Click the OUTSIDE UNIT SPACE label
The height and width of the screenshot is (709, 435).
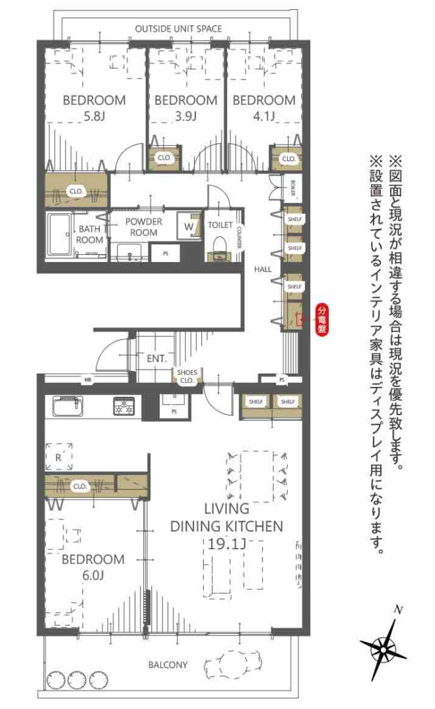pyautogui.click(x=178, y=28)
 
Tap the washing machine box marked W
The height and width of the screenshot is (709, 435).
pyautogui.click(x=189, y=226)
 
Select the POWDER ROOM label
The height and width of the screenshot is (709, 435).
pyautogui.click(x=143, y=227)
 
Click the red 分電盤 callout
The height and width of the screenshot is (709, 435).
pyautogui.click(x=323, y=320)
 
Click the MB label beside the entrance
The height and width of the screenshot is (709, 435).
pyautogui.click(x=86, y=380)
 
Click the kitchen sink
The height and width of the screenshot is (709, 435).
pyautogui.click(x=66, y=404)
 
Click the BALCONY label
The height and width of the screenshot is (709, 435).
pyautogui.click(x=168, y=664)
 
